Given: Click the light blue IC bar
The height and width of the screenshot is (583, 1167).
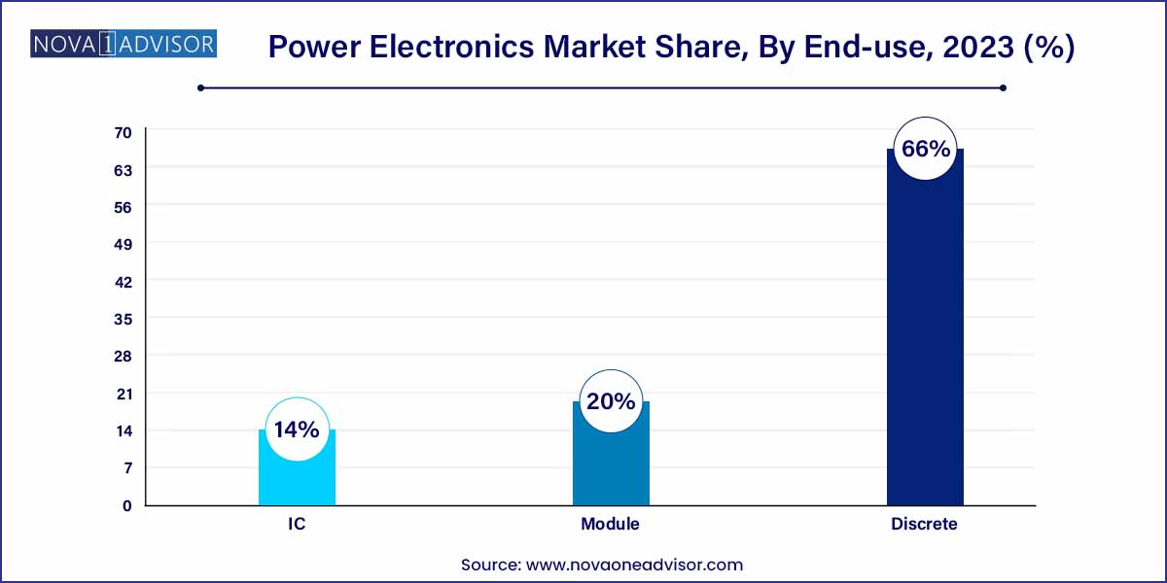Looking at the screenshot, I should pos(297,476).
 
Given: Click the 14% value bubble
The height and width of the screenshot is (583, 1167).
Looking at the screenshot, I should pos(297,429).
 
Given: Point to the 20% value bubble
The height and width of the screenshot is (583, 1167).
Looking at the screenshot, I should pos(611,401).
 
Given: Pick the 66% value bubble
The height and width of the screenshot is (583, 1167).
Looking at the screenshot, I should pos(925,149).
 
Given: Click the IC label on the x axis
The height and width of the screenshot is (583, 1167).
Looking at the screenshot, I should pos(297,524).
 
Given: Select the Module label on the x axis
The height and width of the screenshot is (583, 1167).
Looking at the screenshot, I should pos(611,524).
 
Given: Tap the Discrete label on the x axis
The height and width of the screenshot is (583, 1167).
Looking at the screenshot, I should pos(925,524).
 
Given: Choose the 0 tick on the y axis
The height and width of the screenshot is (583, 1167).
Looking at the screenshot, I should pos(126,505).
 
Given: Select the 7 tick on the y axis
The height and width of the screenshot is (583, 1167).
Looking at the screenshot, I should pos(126,468).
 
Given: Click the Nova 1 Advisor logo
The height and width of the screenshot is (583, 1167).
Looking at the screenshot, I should pos(124,44).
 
